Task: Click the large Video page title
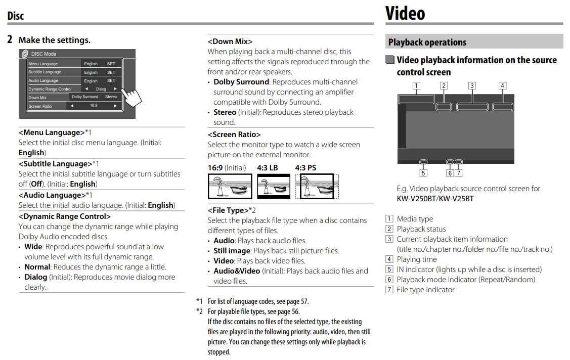click(405, 13)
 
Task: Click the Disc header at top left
click(16, 16)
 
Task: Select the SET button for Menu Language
click(111, 64)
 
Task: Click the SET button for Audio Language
click(111, 81)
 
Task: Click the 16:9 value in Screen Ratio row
click(94, 106)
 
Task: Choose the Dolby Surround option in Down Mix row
click(84, 97)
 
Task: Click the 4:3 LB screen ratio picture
click(274, 186)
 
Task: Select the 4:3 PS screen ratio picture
click(317, 186)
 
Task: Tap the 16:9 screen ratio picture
click(230, 186)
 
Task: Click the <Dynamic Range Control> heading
click(64, 216)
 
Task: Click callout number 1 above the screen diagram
click(416, 85)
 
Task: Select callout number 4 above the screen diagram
click(502, 85)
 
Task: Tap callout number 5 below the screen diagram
click(423, 173)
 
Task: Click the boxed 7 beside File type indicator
click(389, 290)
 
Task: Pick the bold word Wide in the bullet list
click(33, 247)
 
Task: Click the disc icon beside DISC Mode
click(24, 54)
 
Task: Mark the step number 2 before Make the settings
click(10, 39)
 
